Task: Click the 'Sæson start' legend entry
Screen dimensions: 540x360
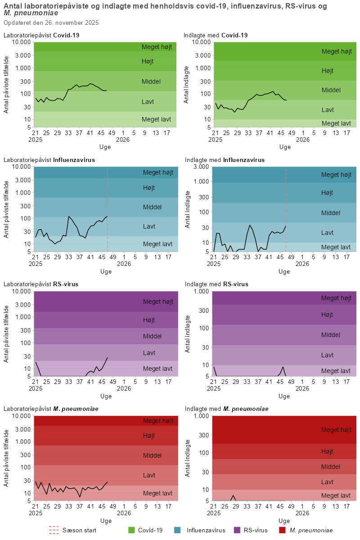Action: point(79,531)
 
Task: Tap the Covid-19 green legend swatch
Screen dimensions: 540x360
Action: point(132,531)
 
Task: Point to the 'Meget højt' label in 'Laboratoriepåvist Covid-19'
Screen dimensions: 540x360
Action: point(157,47)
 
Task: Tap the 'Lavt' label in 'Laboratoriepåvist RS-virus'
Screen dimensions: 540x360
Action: point(148,352)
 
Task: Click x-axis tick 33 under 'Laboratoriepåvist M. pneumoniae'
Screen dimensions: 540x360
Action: point(68,506)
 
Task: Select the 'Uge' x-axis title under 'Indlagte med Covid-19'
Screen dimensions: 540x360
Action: point(285,147)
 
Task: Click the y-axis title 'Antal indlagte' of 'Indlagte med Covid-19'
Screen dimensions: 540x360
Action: point(187,85)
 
